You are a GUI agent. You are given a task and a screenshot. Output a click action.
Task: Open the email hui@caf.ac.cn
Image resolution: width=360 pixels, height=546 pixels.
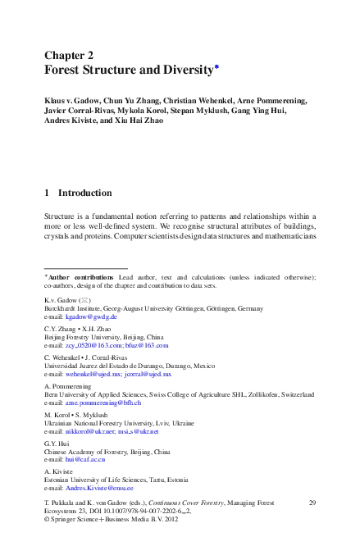coord(86,460)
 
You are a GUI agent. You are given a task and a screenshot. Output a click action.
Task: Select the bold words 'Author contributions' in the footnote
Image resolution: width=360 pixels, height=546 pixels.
coord(81,277)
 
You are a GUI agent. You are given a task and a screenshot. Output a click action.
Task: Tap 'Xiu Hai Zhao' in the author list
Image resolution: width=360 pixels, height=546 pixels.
coord(141,120)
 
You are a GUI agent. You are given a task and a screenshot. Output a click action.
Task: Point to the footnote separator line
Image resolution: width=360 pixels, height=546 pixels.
coord(85,268)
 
